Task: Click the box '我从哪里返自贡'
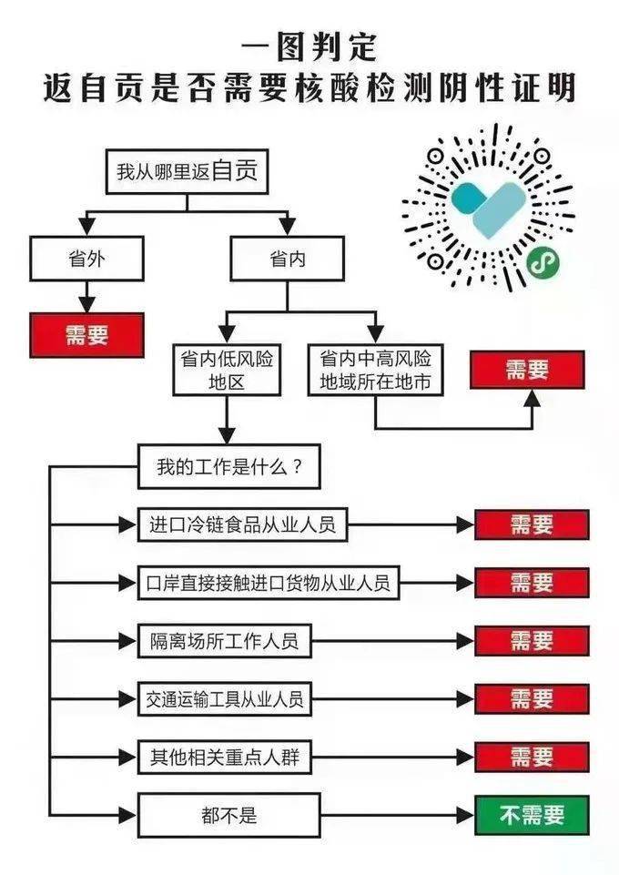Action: pos(187,171)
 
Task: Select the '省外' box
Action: pos(86,259)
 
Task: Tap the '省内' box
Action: pos(287,259)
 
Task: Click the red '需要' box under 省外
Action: pos(86,335)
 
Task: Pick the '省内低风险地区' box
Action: pos(227,370)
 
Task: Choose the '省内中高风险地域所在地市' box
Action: pos(375,370)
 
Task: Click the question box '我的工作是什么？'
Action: pos(229,466)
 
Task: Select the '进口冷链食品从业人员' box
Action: pos(242,524)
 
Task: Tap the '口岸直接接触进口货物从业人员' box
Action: pos(269,583)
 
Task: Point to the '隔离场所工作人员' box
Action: pos(224,641)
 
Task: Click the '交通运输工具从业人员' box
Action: pos(224,699)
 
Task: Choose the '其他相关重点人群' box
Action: pos(224,758)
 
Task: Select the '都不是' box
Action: pos(229,815)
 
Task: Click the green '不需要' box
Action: pos(532,815)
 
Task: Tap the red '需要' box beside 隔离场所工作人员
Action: pos(532,641)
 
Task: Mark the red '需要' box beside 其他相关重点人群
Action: pos(532,758)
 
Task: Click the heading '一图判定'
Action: pos(309,46)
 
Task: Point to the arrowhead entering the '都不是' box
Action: pos(127,815)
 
